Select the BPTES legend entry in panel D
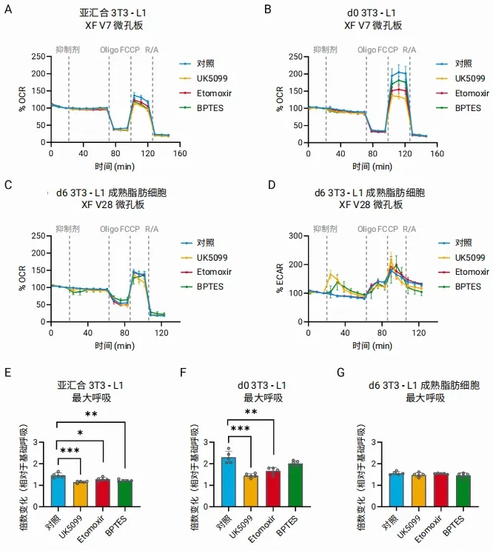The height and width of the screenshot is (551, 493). pyautogui.click(x=469, y=285)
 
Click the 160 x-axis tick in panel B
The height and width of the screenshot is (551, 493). pyautogui.click(x=437, y=153)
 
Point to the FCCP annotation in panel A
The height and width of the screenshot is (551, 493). pyautogui.click(x=130, y=50)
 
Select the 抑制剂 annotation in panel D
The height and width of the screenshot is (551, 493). pyautogui.click(x=325, y=227)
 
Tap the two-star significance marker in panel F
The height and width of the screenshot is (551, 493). pyautogui.click(x=252, y=413)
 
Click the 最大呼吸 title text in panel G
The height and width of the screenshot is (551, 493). pyautogui.click(x=424, y=398)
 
